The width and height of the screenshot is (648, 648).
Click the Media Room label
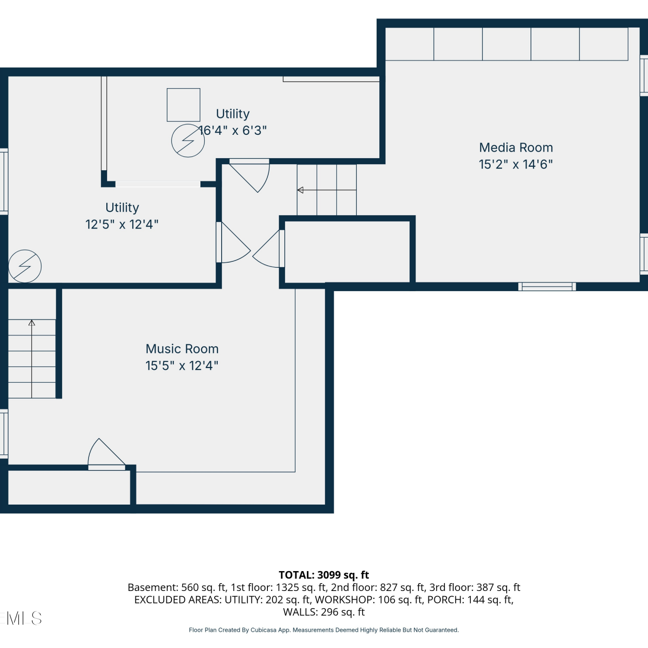click(x=516, y=148)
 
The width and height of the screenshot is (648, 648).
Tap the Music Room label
click(x=182, y=349)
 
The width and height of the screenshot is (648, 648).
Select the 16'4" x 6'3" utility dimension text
click(x=233, y=130)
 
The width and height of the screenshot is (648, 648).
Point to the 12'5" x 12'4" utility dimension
click(x=122, y=225)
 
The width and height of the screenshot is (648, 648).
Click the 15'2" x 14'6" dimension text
click(x=516, y=165)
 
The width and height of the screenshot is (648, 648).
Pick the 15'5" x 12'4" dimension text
click(x=182, y=366)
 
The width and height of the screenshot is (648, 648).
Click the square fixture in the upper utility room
click(x=184, y=105)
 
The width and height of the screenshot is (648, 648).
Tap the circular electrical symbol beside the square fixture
click(x=188, y=141)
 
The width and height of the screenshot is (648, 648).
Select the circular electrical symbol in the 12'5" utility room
click(x=25, y=267)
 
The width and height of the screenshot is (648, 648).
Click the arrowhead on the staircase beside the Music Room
click(x=32, y=323)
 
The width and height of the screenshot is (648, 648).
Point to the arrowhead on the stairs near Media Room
click(x=300, y=190)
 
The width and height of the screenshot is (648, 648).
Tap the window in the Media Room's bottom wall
click(x=547, y=286)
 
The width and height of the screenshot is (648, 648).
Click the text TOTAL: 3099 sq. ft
click(x=324, y=575)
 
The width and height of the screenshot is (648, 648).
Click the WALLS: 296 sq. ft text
click(x=324, y=612)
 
